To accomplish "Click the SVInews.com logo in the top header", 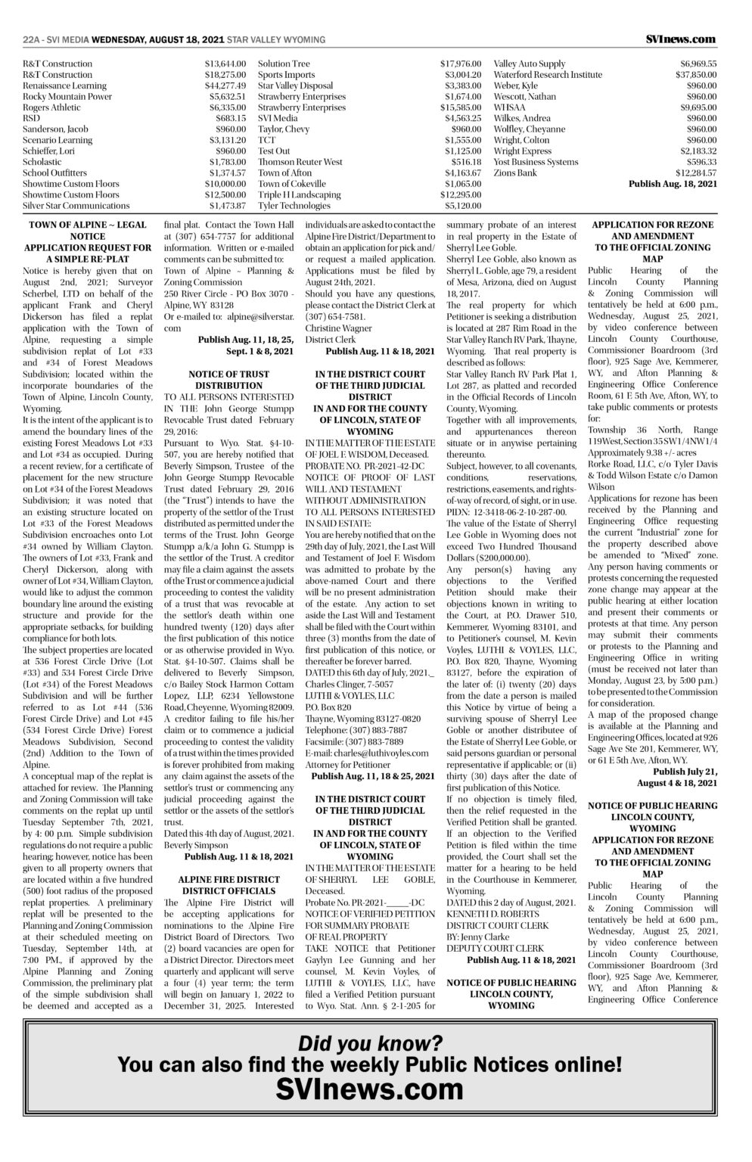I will (x=681, y=39).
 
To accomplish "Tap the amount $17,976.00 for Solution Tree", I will (x=461, y=64).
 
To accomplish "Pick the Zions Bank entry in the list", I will (x=515, y=173).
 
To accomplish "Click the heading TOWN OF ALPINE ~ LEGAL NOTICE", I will (x=88, y=230).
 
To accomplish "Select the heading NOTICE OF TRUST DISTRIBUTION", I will (x=228, y=380).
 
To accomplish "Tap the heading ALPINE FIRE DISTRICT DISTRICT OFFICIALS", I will (x=228, y=885).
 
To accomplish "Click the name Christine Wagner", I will (x=338, y=328).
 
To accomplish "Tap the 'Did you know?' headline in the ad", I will (x=370, y=1043).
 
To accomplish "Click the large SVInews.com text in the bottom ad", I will (x=370, y=1089).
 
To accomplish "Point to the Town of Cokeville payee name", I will (x=292, y=184).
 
